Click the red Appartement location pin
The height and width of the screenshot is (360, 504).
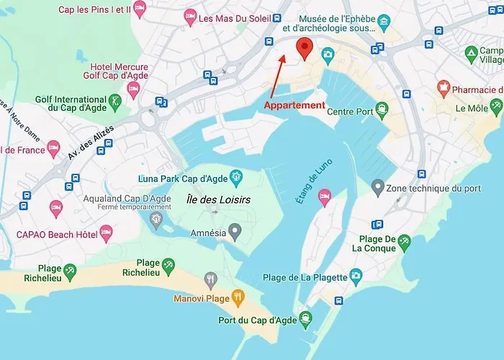click(x=305, y=48)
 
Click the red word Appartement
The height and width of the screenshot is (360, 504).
click(x=294, y=105)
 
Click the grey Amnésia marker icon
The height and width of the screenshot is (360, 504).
click(x=234, y=231)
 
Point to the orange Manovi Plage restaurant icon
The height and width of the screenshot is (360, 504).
click(x=238, y=297)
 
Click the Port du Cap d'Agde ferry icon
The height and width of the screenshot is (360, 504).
click(x=306, y=318)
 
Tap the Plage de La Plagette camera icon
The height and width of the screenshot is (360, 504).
click(x=356, y=276)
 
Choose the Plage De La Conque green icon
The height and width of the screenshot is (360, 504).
click(x=405, y=243)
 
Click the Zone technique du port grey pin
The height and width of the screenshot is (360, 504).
click(x=377, y=188)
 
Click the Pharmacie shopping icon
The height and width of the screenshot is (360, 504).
click(x=444, y=89)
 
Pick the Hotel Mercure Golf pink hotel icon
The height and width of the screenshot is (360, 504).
click(x=133, y=89)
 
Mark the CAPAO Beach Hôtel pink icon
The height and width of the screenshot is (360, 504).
click(x=107, y=233)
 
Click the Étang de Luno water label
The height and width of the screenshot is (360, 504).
click(x=307, y=185)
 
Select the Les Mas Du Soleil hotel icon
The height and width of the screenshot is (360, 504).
click(x=190, y=17)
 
